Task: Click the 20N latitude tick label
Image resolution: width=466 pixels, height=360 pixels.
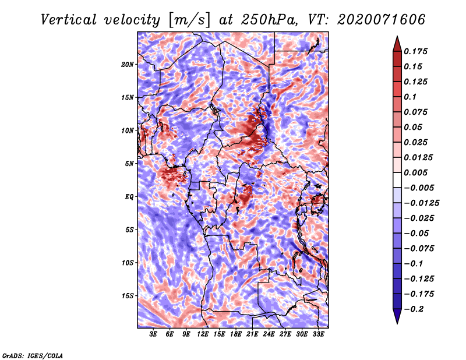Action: click(128, 65)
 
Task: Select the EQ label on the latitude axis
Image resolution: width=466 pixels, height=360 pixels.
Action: click(129, 197)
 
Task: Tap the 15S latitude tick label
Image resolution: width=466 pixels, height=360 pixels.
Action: click(128, 296)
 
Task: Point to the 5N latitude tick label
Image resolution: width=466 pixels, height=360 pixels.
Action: click(129, 164)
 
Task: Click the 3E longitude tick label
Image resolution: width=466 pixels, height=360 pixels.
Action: click(153, 334)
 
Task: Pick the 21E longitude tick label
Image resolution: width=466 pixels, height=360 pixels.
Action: click(252, 334)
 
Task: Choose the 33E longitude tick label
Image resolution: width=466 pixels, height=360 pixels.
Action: click(318, 334)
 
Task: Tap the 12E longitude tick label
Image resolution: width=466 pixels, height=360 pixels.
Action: click(203, 334)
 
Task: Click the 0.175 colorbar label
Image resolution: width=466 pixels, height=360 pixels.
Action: click(415, 51)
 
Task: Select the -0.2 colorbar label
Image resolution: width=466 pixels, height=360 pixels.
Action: click(414, 309)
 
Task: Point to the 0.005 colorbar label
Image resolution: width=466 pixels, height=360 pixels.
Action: click(415, 172)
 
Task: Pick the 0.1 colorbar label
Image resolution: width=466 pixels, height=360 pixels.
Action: click(410, 97)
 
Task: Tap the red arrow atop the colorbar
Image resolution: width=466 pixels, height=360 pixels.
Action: click(397, 44)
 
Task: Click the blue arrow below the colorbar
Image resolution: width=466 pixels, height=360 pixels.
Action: click(397, 316)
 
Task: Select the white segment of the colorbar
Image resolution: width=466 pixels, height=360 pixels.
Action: click(397, 180)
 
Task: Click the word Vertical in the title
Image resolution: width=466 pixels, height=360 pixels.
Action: click(69, 20)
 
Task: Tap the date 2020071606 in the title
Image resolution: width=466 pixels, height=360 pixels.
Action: click(382, 20)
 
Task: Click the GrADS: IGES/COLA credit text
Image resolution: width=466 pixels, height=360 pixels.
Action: click(33, 356)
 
